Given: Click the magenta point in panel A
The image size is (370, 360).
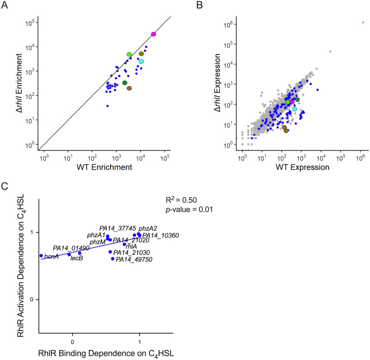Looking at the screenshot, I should [154, 34].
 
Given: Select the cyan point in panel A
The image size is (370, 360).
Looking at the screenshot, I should [142, 61].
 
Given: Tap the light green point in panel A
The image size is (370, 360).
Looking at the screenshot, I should [129, 55].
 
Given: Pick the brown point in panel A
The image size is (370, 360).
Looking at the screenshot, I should [129, 88].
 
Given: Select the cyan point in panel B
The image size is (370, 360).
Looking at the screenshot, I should [295, 109].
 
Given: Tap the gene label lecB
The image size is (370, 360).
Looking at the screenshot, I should [76, 259].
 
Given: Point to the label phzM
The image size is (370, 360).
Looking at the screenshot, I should [97, 242].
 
